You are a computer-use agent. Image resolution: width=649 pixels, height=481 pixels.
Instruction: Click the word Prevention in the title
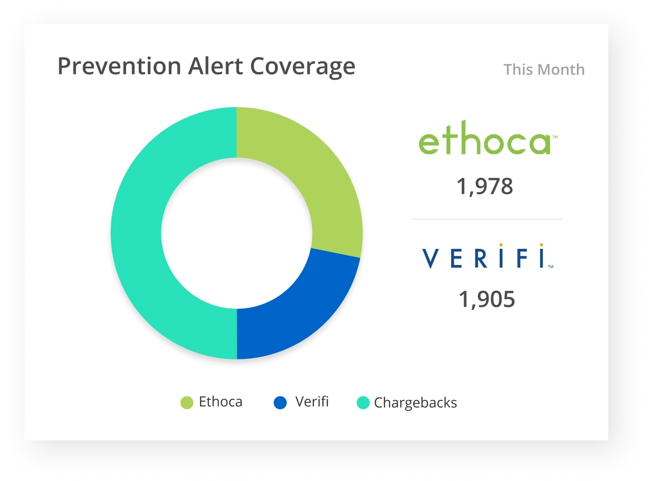119,66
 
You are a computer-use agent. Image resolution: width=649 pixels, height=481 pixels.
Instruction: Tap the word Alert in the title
215,66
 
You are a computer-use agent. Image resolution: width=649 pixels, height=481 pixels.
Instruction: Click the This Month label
544,70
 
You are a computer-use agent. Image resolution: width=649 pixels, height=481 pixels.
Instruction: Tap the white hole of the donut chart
237,233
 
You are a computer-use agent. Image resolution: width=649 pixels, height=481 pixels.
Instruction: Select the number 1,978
485,187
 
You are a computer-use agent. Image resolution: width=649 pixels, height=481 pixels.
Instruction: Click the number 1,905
487,299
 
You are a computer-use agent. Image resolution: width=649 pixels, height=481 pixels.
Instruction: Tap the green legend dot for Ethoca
187,403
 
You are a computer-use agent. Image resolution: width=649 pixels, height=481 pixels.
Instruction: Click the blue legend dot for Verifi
280,403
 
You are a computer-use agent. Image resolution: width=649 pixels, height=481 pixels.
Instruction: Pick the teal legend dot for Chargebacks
363,403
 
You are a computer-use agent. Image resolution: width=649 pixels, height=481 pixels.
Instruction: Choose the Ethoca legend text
220,402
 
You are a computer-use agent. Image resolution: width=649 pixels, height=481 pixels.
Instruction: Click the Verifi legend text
312,401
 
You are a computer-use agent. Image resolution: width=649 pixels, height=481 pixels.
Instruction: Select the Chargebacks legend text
415,403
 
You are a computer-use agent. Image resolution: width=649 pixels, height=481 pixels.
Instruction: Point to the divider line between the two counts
487,219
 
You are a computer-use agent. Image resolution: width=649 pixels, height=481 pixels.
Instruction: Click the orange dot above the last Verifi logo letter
541,245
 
